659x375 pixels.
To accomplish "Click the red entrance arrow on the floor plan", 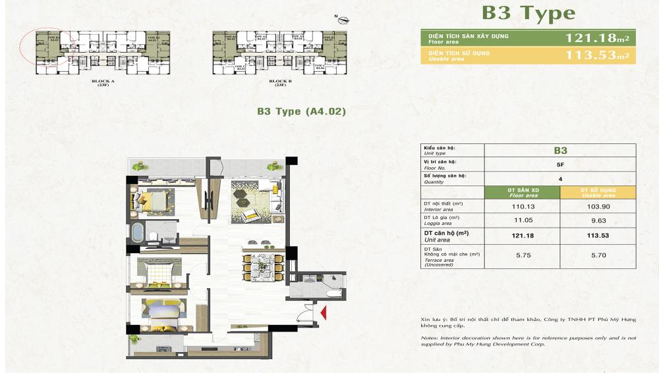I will tap(322, 311).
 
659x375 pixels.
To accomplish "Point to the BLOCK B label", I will tap(279, 82).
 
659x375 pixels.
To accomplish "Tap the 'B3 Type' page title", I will tap(528, 13).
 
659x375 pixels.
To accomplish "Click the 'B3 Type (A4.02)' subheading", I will tap(301, 112).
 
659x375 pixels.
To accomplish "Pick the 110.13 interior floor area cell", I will tap(521, 206).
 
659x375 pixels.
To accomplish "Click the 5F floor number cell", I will tap(559, 164).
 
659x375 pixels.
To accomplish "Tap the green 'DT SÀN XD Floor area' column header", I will tap(521, 192).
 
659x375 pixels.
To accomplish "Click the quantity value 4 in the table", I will tap(559, 178).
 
